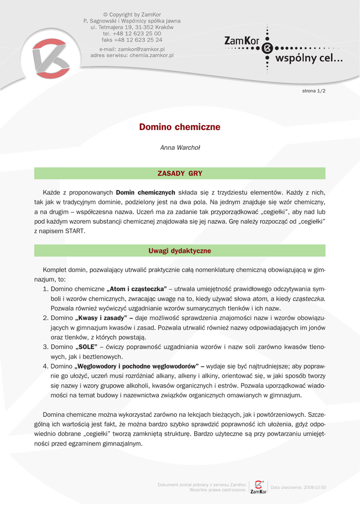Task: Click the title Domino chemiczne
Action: point(180,127)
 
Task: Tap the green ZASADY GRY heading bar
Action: point(180,174)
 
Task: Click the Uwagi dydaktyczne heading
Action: point(180,251)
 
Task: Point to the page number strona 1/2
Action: point(314,91)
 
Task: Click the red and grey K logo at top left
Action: point(50,57)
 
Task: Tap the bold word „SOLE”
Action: point(86,347)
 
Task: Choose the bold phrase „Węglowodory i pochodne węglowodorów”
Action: point(136,367)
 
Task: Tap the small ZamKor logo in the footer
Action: point(258,487)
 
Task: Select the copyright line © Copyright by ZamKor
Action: point(132,14)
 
